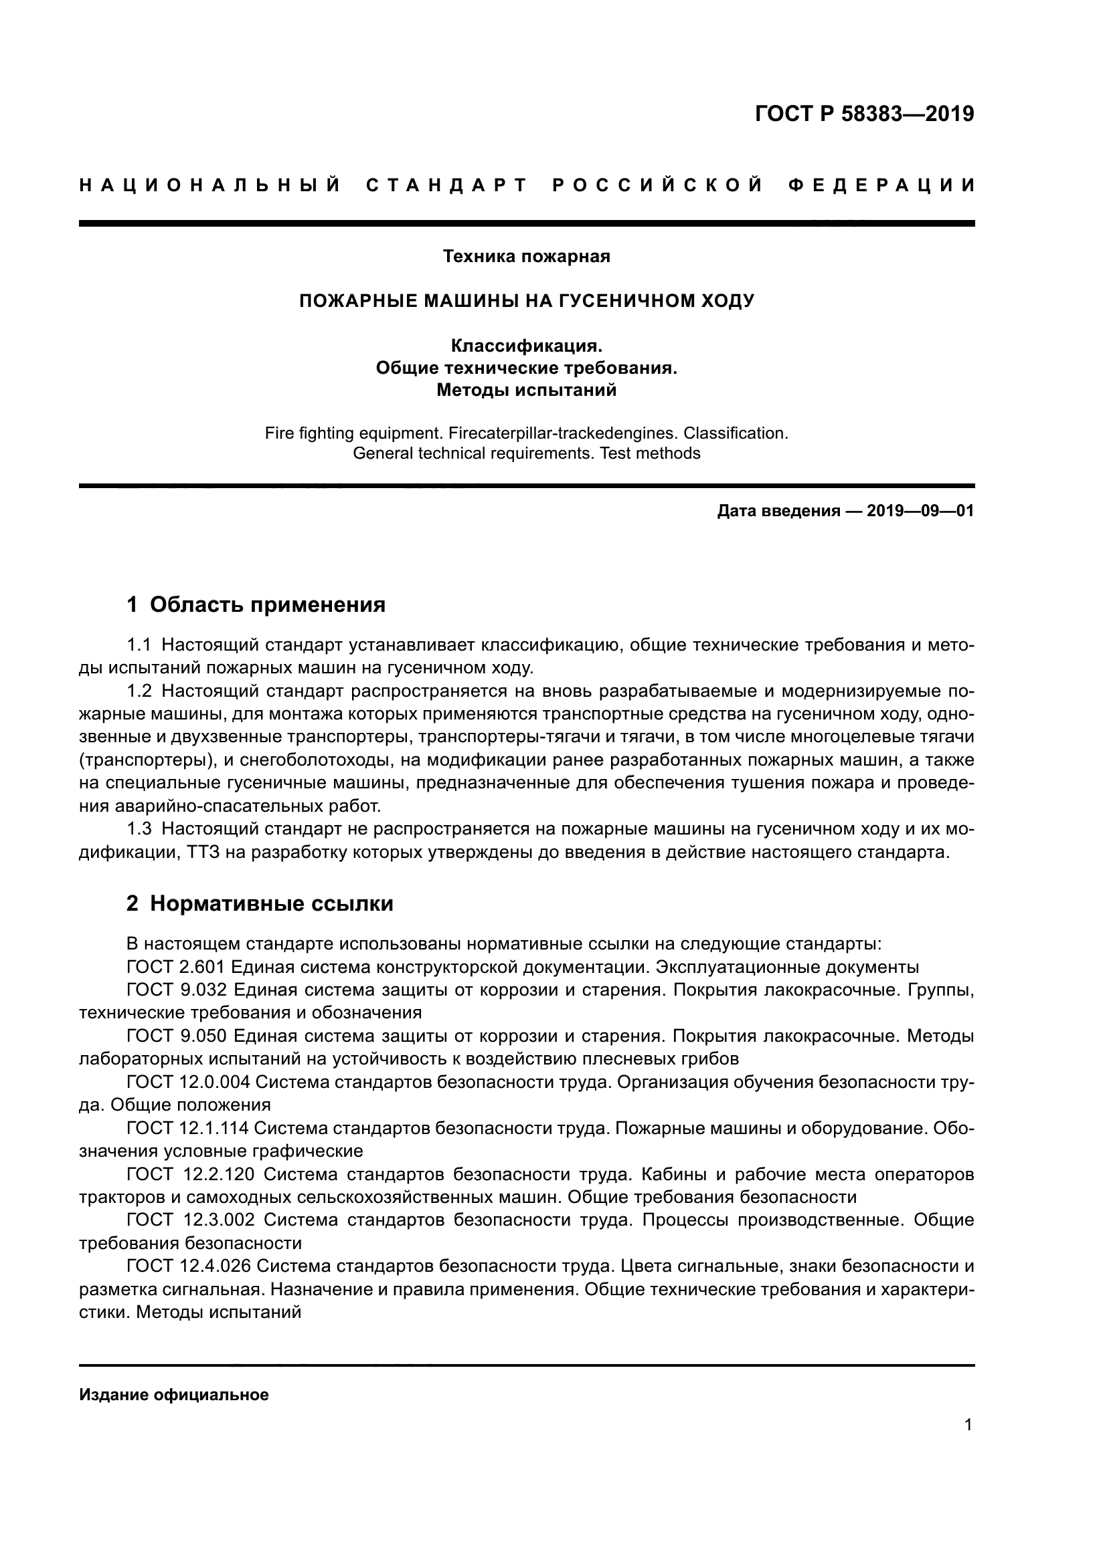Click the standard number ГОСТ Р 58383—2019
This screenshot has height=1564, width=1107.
(x=864, y=114)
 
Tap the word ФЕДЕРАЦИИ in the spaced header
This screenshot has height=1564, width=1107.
(x=881, y=185)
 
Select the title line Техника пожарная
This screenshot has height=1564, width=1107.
(x=526, y=256)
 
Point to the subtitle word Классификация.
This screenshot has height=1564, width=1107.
(x=526, y=346)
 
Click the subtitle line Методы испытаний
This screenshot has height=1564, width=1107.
(x=526, y=390)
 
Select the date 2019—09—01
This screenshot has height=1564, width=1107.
(x=920, y=511)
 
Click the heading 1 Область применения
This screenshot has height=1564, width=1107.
(x=256, y=604)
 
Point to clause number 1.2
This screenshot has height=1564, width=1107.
(x=139, y=691)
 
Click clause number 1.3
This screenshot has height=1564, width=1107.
(x=139, y=829)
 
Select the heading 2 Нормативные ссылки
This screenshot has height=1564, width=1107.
(x=260, y=904)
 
